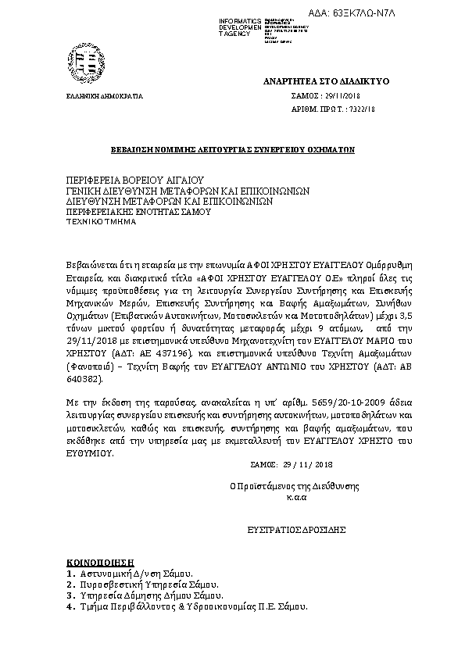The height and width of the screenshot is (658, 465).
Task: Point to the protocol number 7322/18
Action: [x=360, y=110]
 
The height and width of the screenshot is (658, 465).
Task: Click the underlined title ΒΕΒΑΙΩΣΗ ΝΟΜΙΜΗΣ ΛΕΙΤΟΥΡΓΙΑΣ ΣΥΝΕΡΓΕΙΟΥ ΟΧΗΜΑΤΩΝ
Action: [x=231, y=147]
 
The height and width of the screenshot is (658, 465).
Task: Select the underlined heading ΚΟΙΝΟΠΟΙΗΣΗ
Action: [x=96, y=562]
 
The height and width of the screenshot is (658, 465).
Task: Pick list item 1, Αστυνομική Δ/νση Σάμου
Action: [x=131, y=573]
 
